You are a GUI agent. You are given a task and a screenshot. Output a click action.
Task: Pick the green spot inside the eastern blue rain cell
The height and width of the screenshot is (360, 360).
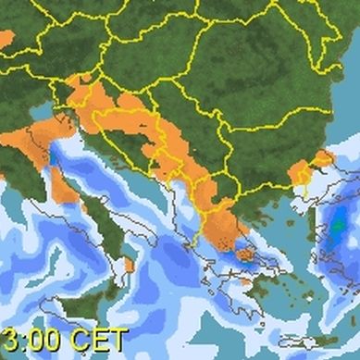[x=339, y=223]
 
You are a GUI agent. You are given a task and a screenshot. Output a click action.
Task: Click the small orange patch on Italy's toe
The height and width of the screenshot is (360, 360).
[x=129, y=266]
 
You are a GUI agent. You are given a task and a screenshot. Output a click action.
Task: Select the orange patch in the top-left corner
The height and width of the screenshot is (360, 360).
[x=6, y=39]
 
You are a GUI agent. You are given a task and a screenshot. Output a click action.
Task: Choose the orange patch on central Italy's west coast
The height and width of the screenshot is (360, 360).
[x=64, y=185]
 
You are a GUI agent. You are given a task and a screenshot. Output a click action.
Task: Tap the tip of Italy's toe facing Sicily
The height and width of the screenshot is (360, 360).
[x=121, y=285]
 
